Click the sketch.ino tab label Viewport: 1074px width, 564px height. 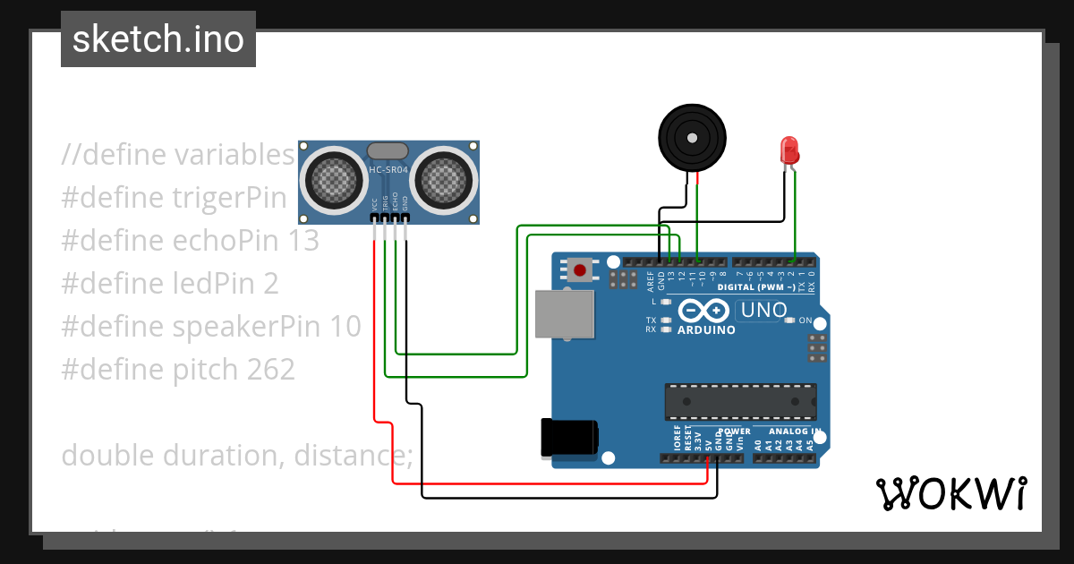158,39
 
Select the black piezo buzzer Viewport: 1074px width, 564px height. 691,137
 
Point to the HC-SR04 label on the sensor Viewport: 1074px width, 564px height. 389,170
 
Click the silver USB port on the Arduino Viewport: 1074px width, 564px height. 564,314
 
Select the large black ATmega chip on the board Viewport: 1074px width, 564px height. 740,401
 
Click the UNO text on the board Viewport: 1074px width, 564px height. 763,311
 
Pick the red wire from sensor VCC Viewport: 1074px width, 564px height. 374,358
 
